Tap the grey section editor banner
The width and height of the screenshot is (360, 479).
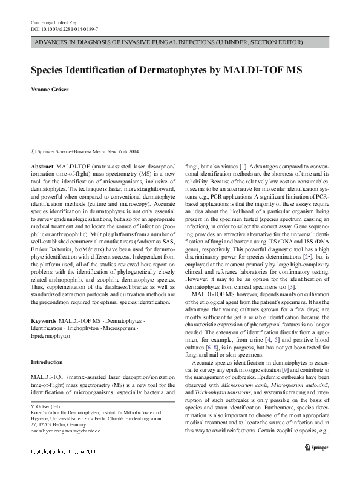179,42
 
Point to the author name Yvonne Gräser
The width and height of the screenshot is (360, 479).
51,89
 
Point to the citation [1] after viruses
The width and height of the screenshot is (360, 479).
241,165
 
